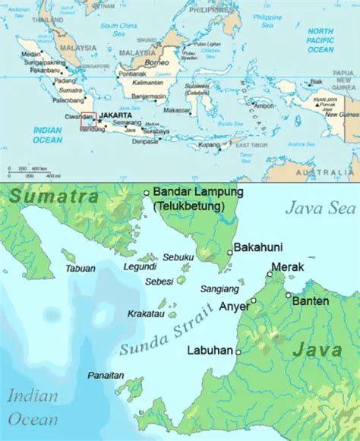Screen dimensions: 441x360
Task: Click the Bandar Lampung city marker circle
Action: point(147,193)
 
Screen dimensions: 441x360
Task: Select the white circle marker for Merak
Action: point(269,274)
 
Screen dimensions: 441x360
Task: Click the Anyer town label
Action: point(234,307)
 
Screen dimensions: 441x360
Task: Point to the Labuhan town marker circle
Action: point(238,352)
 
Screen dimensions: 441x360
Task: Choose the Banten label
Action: point(312,301)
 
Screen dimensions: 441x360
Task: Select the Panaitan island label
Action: point(105,375)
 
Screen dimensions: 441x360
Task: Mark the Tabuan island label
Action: point(81,267)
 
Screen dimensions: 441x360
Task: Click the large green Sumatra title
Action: point(55,197)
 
